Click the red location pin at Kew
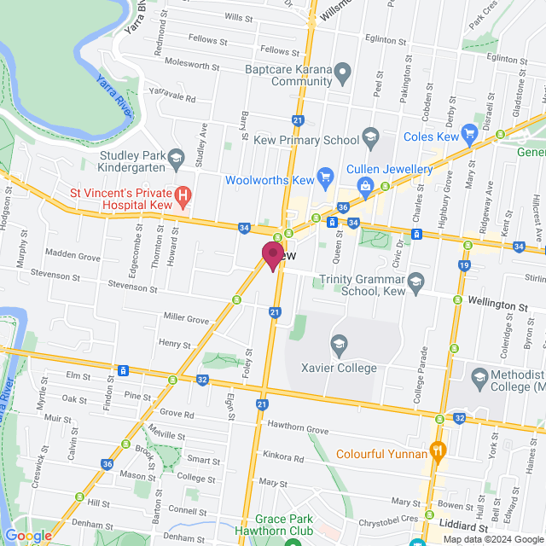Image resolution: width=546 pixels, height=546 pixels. click(x=273, y=255)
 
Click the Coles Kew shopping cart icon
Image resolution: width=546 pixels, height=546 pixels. click(x=468, y=133)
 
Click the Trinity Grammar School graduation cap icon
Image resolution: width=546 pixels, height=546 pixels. click(x=415, y=281)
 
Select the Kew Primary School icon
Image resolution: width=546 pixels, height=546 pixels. click(x=370, y=135)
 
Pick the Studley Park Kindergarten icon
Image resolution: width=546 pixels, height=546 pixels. click(x=176, y=156)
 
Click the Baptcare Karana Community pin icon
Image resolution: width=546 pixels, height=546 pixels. click(x=342, y=73)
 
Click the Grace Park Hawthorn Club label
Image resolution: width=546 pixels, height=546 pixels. click(x=289, y=524)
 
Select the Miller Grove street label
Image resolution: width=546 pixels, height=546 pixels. click(x=186, y=319)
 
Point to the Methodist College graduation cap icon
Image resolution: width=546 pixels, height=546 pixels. click(x=479, y=376)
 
